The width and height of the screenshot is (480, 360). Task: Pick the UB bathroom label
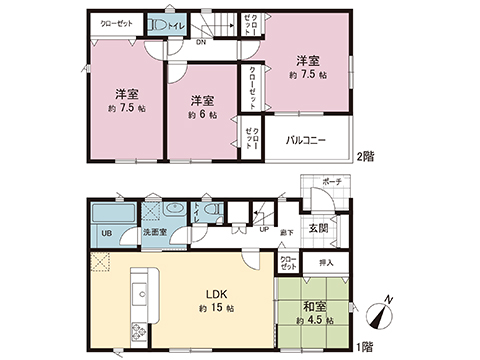pyautogui.click(x=105, y=234)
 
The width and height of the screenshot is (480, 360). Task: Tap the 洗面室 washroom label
pyautogui.click(x=153, y=235)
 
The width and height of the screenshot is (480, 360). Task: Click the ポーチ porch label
pyautogui.click(x=331, y=182)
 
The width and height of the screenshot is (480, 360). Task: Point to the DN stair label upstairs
pyautogui.click(x=200, y=42)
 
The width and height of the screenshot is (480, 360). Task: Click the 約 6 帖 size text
pyautogui.click(x=203, y=115)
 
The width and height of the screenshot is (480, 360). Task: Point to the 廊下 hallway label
pyautogui.click(x=287, y=231)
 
